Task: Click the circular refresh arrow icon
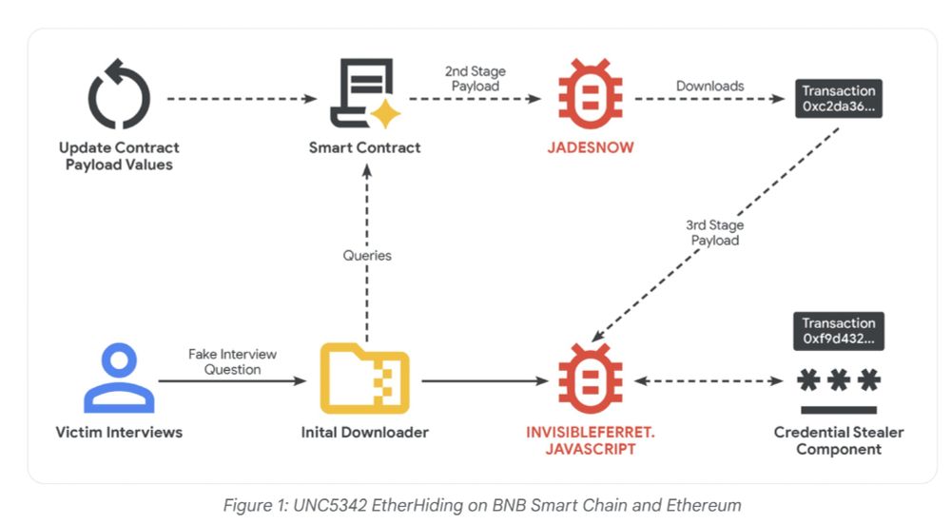pyautogui.click(x=119, y=96)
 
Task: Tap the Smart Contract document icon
pyautogui.click(x=361, y=96)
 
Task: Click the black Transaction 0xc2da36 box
pyautogui.click(x=839, y=99)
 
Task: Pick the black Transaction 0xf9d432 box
pyautogui.click(x=838, y=331)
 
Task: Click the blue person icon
pyautogui.click(x=119, y=378)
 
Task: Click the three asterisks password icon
pyautogui.click(x=838, y=382)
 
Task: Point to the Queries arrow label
pyautogui.click(x=367, y=256)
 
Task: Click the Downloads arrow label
pyautogui.click(x=709, y=86)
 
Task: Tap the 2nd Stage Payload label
pyautogui.click(x=475, y=79)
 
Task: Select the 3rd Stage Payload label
pyautogui.click(x=714, y=233)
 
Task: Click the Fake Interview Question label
pyautogui.click(x=233, y=361)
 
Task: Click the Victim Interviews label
pyautogui.click(x=119, y=433)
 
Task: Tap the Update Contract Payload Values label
pyautogui.click(x=119, y=156)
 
